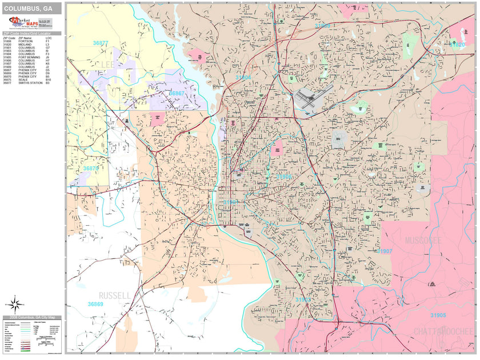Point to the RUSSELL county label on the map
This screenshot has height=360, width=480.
pos(114,295)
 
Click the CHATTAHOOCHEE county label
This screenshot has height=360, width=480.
pos(442,331)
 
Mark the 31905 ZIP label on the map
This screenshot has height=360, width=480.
pos(438,315)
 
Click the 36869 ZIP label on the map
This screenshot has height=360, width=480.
pos(95,304)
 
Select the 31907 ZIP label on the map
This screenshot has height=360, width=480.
pos(384,251)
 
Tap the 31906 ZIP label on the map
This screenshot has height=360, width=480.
pos(283,177)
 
